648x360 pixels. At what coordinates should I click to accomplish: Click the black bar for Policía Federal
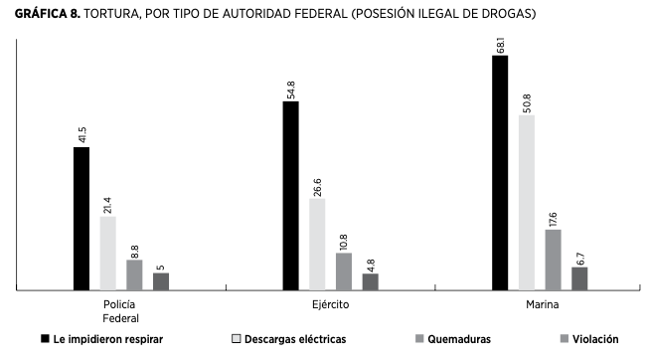click(x=81, y=219)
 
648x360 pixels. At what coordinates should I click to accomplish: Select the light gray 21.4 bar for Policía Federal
click(x=107, y=254)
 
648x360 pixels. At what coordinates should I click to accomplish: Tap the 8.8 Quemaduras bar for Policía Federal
click(x=134, y=275)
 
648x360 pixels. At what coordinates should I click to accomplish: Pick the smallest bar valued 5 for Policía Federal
click(x=160, y=281)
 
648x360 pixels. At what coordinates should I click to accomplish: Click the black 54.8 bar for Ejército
click(x=290, y=196)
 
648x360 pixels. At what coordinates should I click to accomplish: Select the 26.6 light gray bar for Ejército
click(x=317, y=245)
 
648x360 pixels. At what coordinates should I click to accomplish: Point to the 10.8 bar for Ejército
click(x=344, y=271)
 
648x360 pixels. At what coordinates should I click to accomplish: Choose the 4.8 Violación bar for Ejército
click(x=370, y=281)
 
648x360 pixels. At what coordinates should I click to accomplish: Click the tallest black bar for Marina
click(x=500, y=173)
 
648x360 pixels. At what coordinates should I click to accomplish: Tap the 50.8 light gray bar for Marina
click(x=527, y=203)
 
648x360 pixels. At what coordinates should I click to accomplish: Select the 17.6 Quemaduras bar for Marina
click(x=554, y=260)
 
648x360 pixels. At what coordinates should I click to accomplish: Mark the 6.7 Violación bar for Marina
click(x=579, y=278)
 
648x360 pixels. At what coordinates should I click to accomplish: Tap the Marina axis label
click(x=541, y=304)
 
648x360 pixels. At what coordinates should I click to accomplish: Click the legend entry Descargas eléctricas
click(x=295, y=339)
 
